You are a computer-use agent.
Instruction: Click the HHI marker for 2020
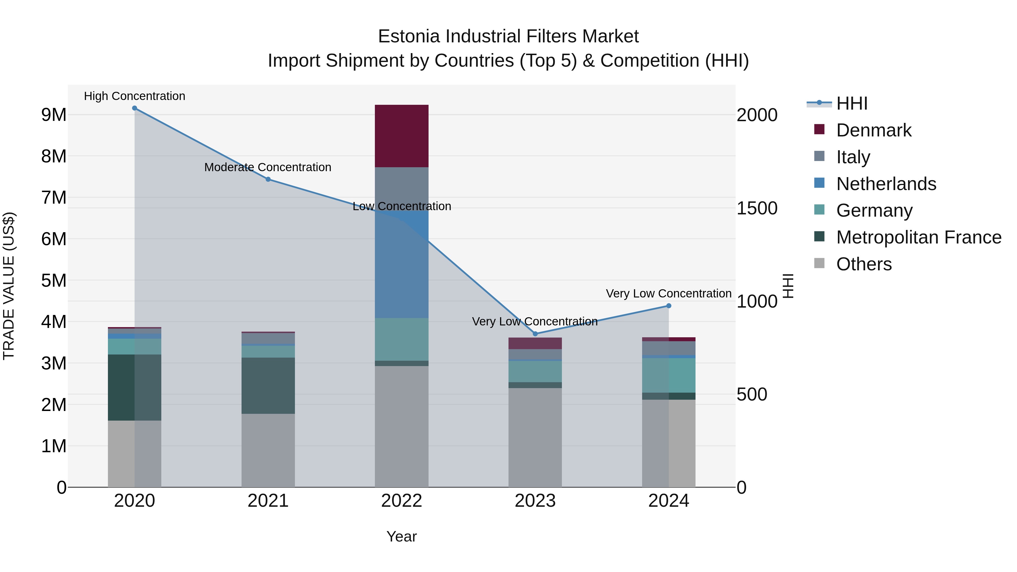[x=135, y=108]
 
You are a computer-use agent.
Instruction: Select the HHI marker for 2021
[x=268, y=179]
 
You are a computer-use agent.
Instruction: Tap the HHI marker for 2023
[x=535, y=334]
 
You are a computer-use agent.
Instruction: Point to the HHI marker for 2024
[x=669, y=306]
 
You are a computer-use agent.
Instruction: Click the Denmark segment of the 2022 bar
[x=401, y=136]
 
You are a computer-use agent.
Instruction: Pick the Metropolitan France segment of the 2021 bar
[x=268, y=386]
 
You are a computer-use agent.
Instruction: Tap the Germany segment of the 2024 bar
[x=669, y=375]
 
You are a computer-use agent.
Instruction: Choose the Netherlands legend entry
[x=886, y=184]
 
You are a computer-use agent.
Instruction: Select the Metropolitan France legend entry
[x=918, y=237]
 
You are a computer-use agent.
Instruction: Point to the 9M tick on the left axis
[x=54, y=115]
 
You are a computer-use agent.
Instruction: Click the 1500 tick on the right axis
[x=757, y=208]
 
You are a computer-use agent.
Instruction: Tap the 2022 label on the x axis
[x=401, y=501]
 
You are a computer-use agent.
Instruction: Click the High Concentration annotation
[x=135, y=96]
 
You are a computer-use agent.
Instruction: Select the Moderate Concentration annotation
[x=268, y=168]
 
